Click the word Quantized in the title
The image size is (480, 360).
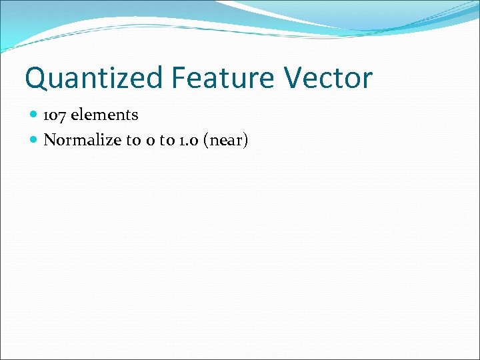(x=94, y=79)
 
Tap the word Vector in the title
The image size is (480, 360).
(x=328, y=78)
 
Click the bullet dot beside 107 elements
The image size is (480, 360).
(x=34, y=115)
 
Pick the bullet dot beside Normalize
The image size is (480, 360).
(x=34, y=140)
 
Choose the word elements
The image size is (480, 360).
(x=105, y=115)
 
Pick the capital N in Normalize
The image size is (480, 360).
(x=49, y=140)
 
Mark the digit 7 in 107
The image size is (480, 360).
(x=62, y=115)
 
